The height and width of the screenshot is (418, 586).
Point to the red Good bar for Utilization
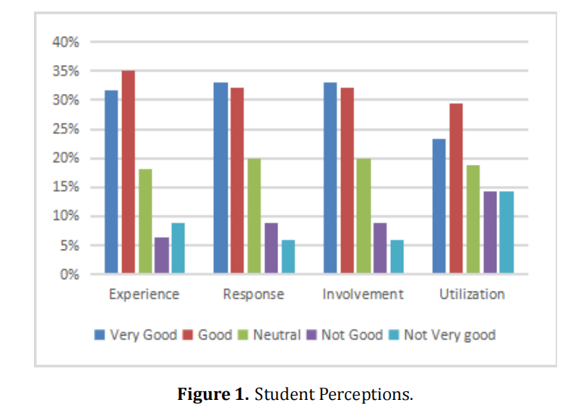[456, 189]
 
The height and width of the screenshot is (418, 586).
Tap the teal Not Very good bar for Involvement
[397, 257]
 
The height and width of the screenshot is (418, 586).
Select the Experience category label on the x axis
[144, 294]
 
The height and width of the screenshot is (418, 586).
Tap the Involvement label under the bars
[363, 294]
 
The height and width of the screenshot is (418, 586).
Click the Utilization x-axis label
[472, 294]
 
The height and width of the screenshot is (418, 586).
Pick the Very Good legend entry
[137, 335]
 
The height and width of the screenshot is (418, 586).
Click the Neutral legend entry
[272, 335]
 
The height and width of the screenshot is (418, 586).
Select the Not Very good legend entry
[441, 335]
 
